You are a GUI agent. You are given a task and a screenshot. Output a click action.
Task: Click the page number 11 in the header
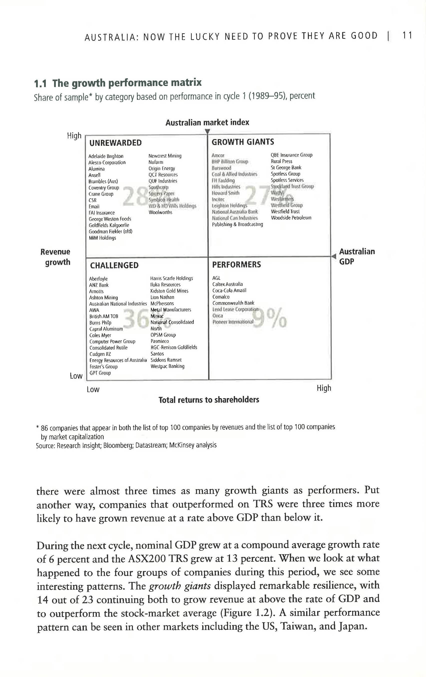pos(407,36)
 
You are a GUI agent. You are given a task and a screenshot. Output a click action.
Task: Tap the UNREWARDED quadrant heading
pos(115,143)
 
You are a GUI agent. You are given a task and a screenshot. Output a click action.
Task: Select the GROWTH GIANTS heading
pos(243,142)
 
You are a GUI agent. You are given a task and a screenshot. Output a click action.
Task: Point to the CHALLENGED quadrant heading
pos(114,265)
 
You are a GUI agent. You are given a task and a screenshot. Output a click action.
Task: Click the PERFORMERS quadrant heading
pos(236,265)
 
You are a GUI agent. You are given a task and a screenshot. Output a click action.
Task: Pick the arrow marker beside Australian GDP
pos(334,256)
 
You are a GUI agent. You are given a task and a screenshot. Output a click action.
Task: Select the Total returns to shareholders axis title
pos(208,400)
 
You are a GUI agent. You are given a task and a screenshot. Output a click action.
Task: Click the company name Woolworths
pos(160,212)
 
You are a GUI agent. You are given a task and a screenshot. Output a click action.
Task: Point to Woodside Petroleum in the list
pos(291,218)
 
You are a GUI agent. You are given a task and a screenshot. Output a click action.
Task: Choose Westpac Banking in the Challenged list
pos(167,366)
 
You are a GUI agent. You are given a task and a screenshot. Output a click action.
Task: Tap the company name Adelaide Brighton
pos(106,156)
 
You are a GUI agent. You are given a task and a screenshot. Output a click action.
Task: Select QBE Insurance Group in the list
pos(291,155)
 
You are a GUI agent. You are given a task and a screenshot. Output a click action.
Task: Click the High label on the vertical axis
pos(74,136)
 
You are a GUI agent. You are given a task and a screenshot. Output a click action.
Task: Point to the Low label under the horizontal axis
pos(93,389)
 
